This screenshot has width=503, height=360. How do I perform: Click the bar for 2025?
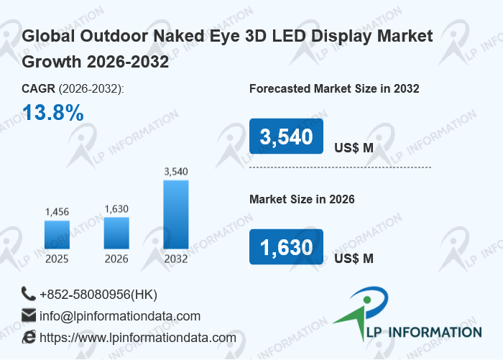point(57,234)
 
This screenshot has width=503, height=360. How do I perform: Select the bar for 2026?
point(116,233)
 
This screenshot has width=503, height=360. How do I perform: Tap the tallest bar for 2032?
point(176,214)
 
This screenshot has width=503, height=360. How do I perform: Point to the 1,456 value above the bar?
point(57,212)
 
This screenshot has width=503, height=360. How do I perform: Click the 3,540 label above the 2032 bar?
point(176,172)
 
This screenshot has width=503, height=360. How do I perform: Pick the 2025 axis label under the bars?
point(57,259)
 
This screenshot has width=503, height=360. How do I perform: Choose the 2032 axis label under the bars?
point(176,259)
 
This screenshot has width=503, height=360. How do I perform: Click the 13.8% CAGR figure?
point(53,113)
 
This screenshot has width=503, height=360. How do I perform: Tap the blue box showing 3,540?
point(286,136)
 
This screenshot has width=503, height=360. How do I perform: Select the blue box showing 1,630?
point(286,246)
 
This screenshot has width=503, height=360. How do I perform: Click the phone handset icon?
point(28,294)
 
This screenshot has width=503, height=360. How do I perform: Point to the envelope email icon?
point(29,315)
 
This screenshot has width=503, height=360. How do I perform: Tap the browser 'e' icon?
point(29,337)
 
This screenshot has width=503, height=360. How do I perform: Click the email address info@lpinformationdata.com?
point(120,316)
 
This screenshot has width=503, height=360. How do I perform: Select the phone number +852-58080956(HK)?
point(98,295)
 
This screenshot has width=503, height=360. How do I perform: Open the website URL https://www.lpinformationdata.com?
point(138,338)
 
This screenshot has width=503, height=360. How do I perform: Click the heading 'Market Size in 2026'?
point(302,199)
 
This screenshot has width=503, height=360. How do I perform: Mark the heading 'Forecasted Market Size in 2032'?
point(334,88)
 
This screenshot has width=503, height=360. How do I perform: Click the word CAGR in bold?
point(39,88)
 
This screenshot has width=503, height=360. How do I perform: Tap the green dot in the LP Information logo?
point(367,300)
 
